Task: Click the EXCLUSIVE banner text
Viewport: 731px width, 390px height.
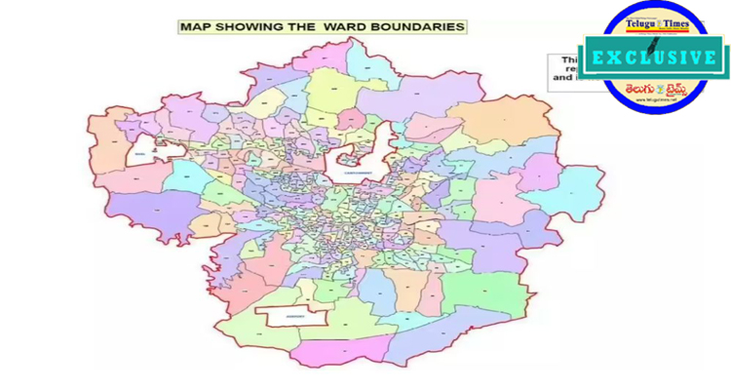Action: click(x=651, y=57)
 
